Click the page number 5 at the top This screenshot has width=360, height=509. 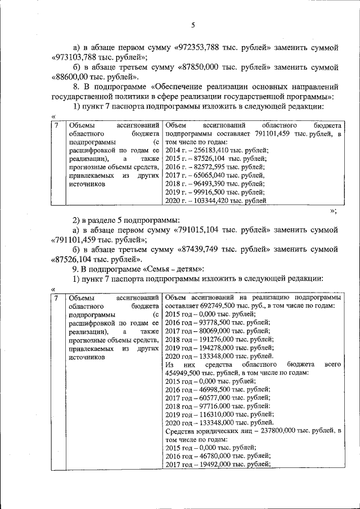tap(192, 25)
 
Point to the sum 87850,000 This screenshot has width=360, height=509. tap(201, 67)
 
